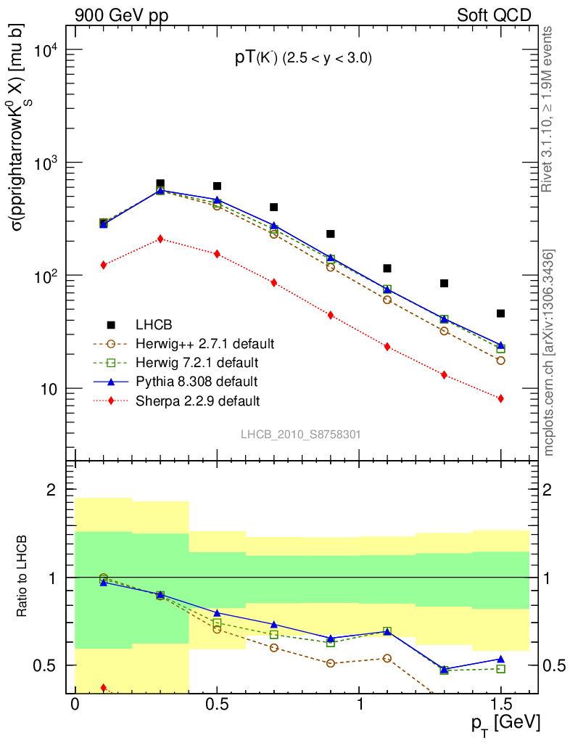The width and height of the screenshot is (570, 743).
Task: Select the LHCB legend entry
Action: pos(153,324)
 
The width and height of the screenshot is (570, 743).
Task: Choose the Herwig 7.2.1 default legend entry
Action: pos(197,362)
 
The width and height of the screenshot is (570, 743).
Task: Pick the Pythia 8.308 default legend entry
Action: pos(196,381)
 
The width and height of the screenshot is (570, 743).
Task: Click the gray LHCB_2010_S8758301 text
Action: pos(300,434)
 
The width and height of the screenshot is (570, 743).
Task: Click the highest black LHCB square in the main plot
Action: pos(160,184)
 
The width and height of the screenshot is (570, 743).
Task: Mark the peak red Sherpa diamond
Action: pos(160,239)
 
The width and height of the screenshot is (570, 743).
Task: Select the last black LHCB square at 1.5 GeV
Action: pos(500,313)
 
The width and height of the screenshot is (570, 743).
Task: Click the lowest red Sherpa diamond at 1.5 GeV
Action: pos(500,398)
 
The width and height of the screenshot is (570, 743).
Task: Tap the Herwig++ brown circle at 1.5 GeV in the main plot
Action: pos(500,361)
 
